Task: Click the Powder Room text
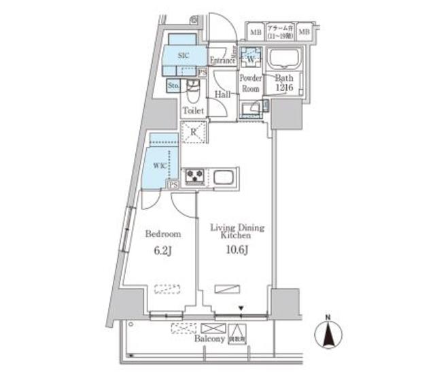[249, 82]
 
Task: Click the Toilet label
[193, 110]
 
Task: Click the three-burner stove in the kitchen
[194, 177]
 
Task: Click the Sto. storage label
[173, 85]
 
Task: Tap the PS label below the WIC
[174, 184]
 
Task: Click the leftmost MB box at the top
[255, 31]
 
